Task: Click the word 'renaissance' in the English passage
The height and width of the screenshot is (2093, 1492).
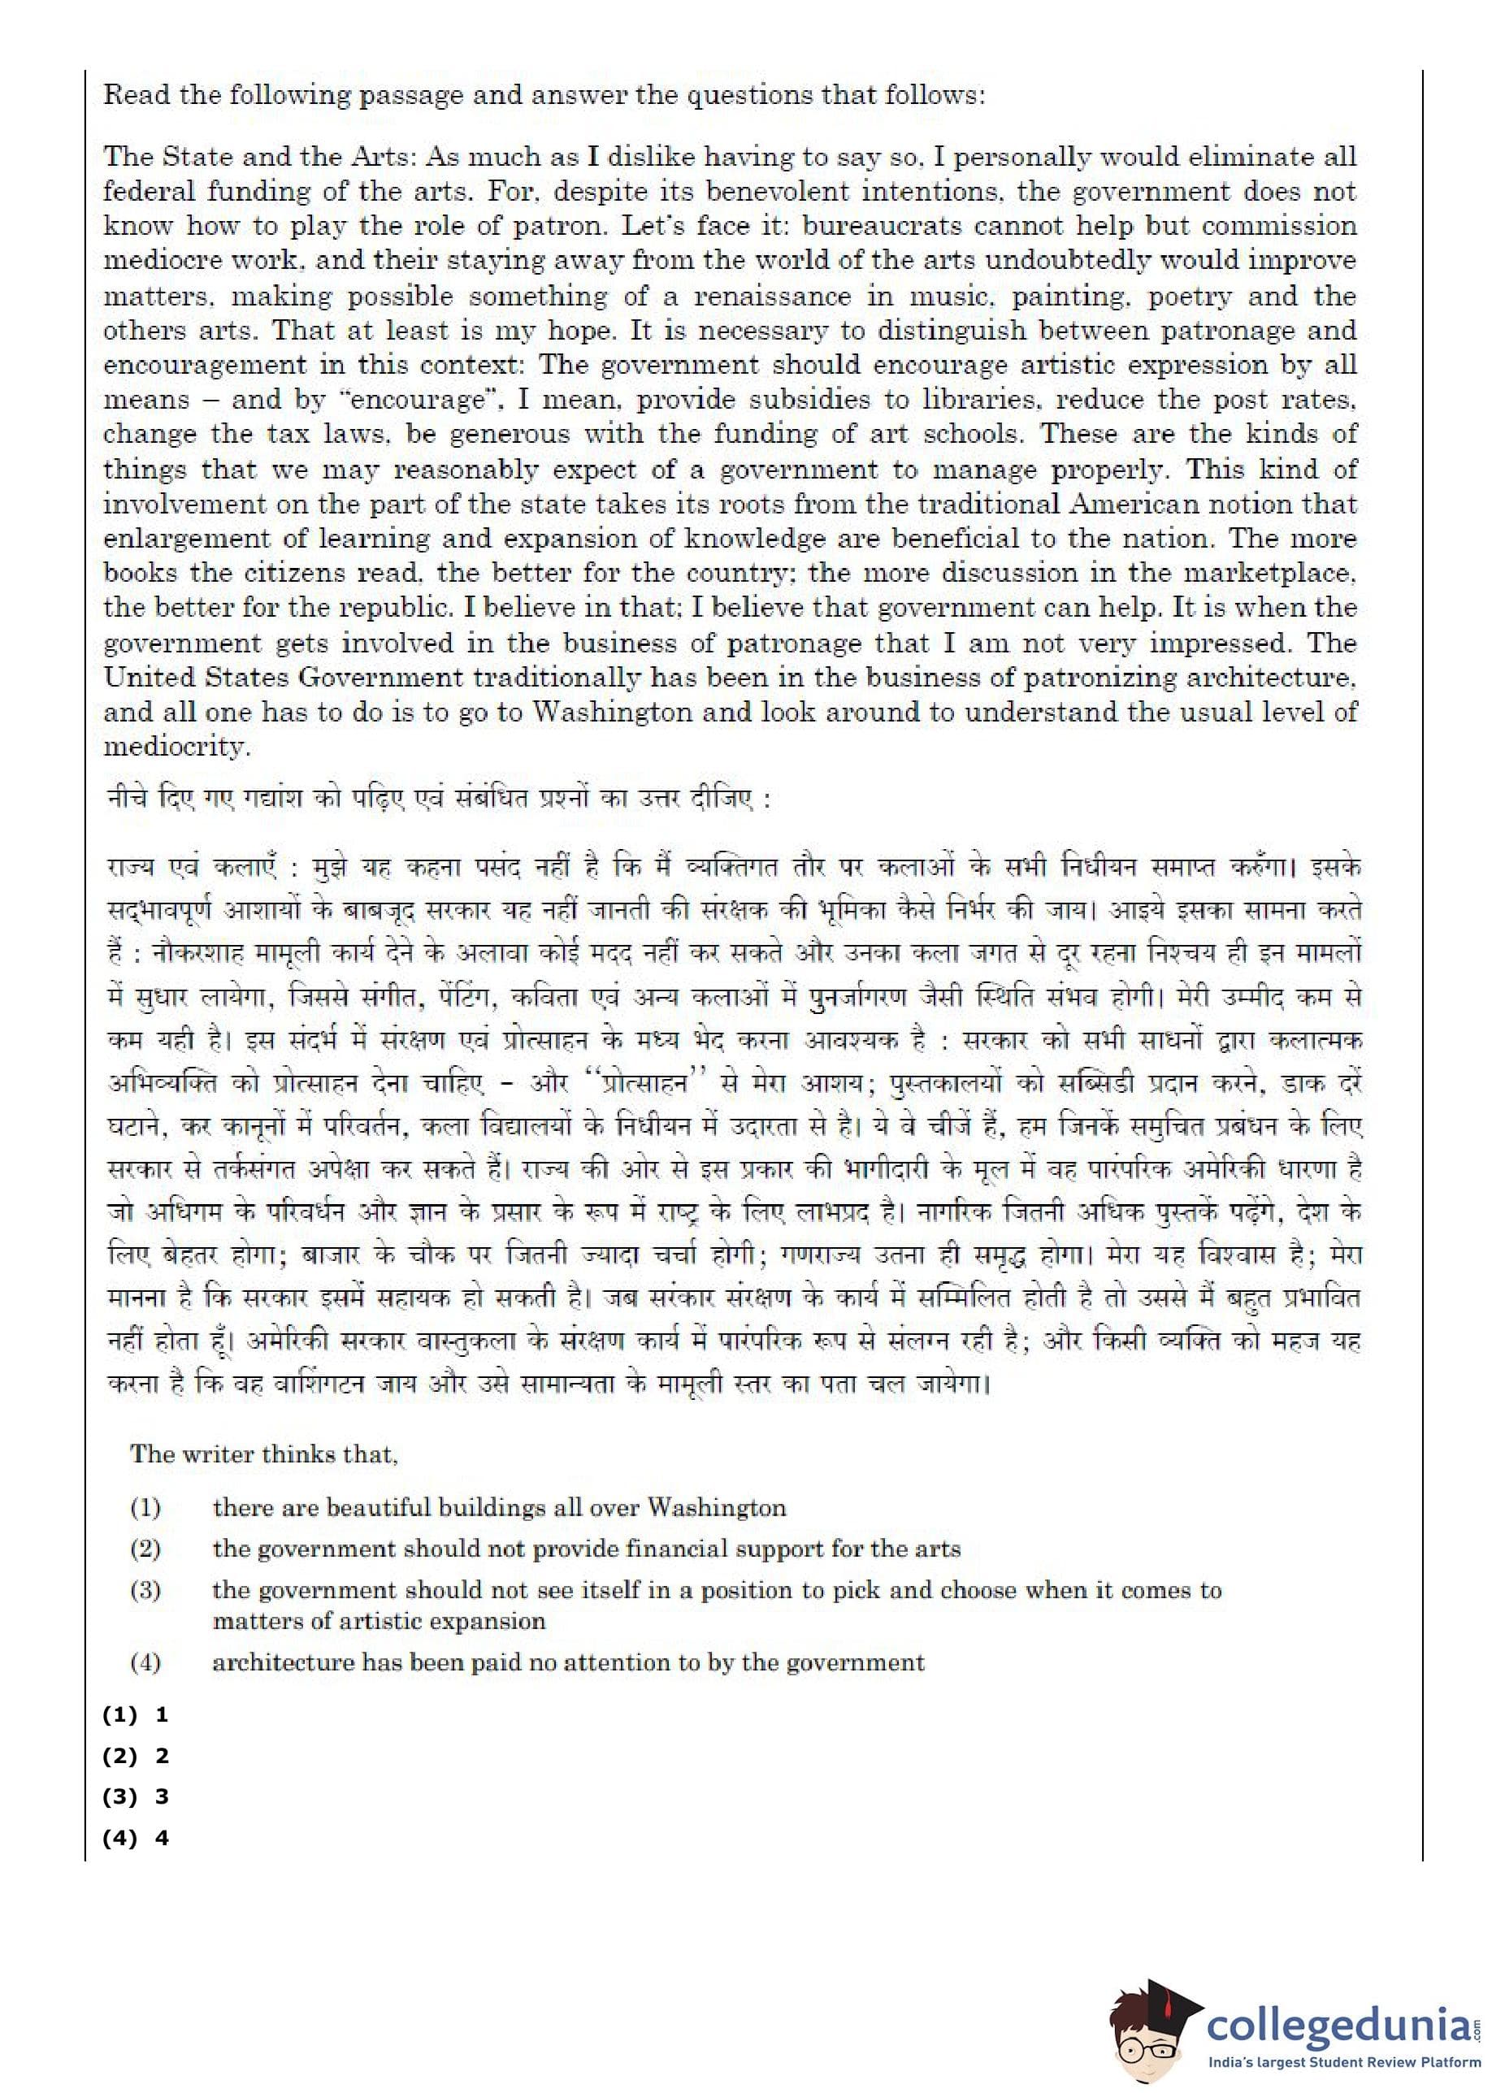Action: [771, 296]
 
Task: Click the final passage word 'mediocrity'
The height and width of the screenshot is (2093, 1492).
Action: [176, 747]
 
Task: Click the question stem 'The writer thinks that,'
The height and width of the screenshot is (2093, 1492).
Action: [263, 1453]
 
